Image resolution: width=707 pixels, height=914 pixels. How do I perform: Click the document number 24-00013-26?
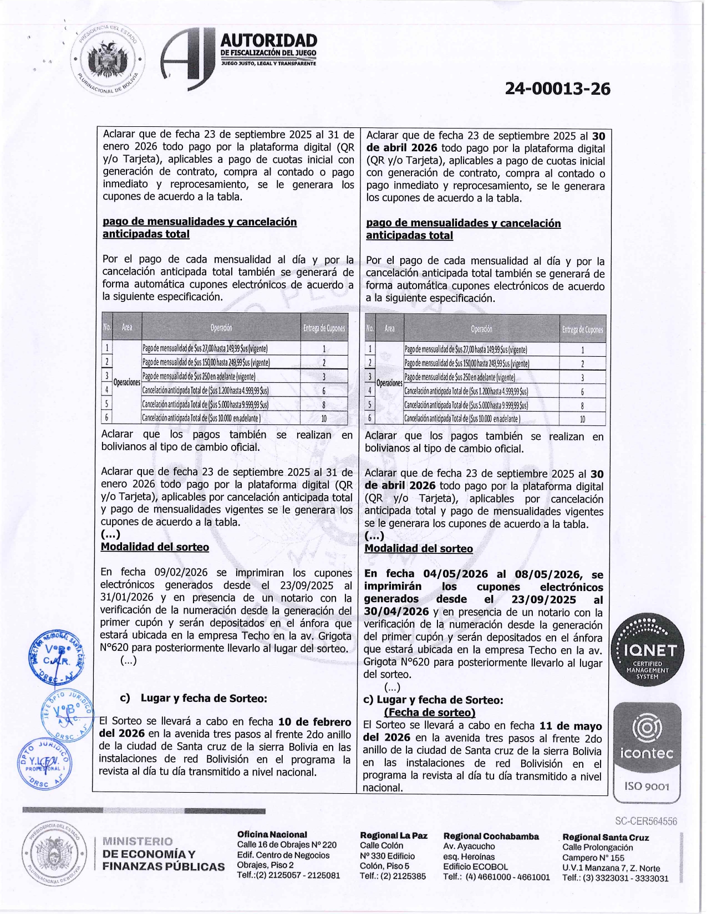(557, 89)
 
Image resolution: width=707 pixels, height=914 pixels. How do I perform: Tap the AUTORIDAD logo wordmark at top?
(268, 41)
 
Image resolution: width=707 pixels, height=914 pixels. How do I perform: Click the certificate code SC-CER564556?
(646, 821)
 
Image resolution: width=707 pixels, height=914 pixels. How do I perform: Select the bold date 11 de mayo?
(571, 726)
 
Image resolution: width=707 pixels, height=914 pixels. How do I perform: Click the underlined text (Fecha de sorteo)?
(430, 712)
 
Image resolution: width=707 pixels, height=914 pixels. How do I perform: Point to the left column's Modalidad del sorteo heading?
(155, 547)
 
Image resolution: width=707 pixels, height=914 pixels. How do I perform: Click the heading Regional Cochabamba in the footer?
(491, 836)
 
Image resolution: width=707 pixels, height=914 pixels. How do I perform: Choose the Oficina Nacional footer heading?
(272, 834)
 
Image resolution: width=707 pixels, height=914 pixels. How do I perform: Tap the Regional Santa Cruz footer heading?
(606, 837)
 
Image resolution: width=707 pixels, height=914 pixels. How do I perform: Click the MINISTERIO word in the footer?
(138, 841)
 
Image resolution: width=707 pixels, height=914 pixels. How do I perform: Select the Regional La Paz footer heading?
(394, 835)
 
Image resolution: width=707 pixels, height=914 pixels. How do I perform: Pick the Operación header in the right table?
(481, 329)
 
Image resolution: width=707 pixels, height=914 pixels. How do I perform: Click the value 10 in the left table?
(324, 418)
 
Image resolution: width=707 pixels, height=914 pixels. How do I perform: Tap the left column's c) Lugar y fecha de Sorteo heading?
(194, 698)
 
